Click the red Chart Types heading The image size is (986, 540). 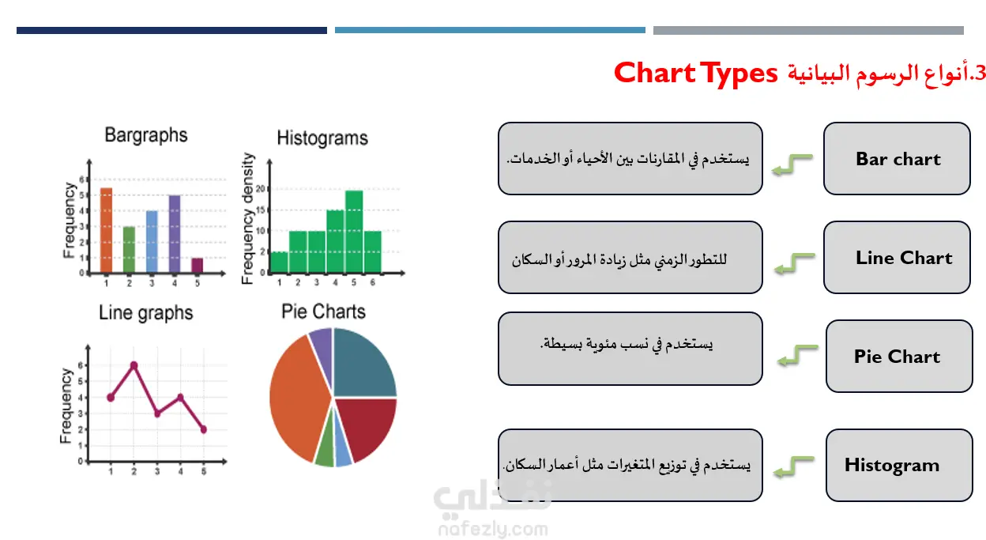pyautogui.click(x=695, y=73)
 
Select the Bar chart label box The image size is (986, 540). pyautogui.click(x=897, y=159)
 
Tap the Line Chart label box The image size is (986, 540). pyautogui.click(x=897, y=257)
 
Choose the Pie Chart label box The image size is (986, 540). pyautogui.click(x=899, y=356)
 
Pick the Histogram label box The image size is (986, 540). pyautogui.click(x=899, y=465)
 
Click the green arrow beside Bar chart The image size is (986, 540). pyautogui.click(x=792, y=164)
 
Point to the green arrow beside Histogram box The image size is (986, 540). pyautogui.click(x=794, y=467)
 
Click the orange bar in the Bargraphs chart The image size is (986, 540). pyautogui.click(x=106, y=230)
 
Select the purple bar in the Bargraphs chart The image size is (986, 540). pyautogui.click(x=175, y=234)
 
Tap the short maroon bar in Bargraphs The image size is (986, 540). pyautogui.click(x=198, y=266)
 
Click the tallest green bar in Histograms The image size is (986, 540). pyautogui.click(x=354, y=232)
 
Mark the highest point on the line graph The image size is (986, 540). pyautogui.click(x=134, y=365)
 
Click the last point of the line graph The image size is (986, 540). pyautogui.click(x=203, y=429)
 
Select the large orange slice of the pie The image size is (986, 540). pyautogui.click(x=299, y=398)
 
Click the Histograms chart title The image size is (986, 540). pyautogui.click(x=322, y=138)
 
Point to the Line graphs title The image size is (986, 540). pyautogui.click(x=145, y=313)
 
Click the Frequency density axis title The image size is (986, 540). pyautogui.click(x=248, y=218)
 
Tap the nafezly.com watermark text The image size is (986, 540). pyautogui.click(x=493, y=529)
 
